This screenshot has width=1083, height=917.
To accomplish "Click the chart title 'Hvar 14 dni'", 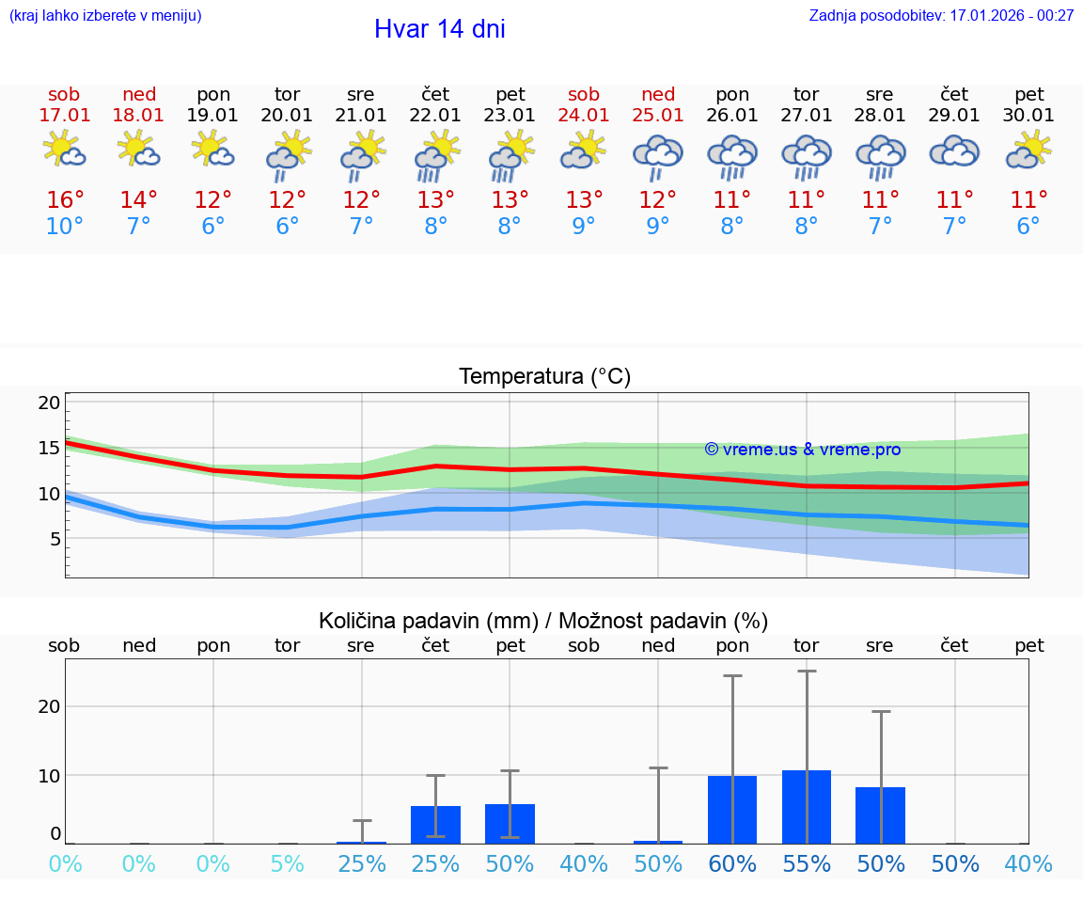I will [x=439, y=29].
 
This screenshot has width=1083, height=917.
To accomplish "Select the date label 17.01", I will [x=64, y=116].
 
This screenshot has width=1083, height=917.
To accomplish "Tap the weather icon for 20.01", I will [x=288, y=155].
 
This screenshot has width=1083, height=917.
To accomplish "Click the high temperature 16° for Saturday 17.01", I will [x=65, y=200].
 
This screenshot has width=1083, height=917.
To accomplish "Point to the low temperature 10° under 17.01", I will [x=65, y=227].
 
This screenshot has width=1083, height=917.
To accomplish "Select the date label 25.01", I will [x=658, y=116].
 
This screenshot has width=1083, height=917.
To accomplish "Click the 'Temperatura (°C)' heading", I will [x=544, y=377].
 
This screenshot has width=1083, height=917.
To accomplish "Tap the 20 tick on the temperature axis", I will [x=49, y=403].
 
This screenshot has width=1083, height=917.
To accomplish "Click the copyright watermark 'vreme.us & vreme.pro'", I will [x=802, y=450].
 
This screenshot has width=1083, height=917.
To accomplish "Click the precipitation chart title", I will [x=543, y=621].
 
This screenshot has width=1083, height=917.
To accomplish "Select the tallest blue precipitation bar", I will [x=807, y=807].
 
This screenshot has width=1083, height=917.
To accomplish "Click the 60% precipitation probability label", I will [x=732, y=864].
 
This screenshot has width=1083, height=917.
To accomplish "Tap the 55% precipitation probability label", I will [x=807, y=864].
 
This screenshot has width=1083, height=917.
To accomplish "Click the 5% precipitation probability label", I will [x=288, y=864].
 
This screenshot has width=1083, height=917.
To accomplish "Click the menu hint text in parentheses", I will [x=105, y=16].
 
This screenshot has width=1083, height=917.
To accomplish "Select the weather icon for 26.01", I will [x=732, y=155].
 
